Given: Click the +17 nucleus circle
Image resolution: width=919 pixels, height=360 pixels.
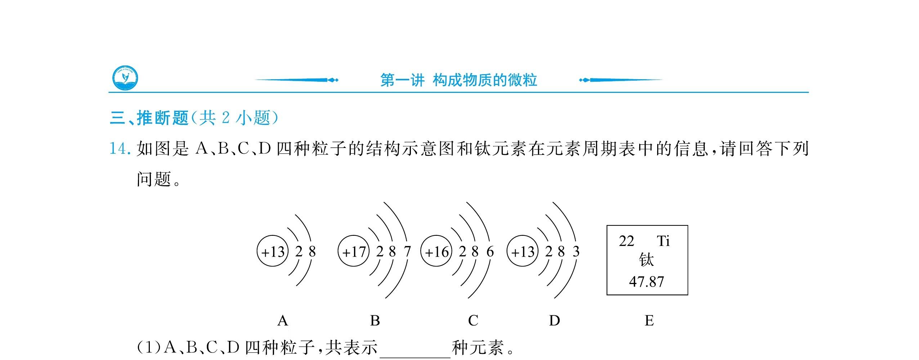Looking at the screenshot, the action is tap(354, 251).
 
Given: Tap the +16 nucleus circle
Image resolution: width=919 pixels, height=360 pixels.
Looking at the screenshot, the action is tap(436, 251).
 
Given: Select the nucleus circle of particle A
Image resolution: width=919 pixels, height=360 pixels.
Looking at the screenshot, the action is tap(273, 251).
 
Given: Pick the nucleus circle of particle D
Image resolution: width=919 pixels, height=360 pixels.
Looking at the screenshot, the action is tap(523, 251).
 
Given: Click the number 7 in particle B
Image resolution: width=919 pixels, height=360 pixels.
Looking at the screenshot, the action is tap(407, 251).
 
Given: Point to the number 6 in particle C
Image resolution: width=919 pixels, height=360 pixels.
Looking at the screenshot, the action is tap(490, 251).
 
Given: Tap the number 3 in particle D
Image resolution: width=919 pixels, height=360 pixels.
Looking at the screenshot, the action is tap(576, 251).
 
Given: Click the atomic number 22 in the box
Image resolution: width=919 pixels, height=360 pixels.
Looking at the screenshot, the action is tap(626, 241).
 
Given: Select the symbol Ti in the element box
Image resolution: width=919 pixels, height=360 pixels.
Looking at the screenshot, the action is tap(663, 241).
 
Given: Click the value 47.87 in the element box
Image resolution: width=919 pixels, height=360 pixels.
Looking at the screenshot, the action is tap(646, 282).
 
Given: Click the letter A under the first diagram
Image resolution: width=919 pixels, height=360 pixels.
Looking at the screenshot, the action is tap(283, 320).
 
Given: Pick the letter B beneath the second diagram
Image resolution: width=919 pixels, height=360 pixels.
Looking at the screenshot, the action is tap(375, 320).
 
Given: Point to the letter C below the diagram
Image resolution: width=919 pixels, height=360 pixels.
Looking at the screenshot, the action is tap(473, 320).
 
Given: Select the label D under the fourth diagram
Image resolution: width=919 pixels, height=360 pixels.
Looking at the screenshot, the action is tap(554, 320).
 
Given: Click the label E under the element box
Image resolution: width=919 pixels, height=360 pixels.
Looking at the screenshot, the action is tap(649, 320).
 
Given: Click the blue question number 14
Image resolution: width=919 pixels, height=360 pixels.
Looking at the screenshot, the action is tap(120, 149).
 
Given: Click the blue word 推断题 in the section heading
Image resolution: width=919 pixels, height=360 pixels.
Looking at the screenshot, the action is tap(162, 118).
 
